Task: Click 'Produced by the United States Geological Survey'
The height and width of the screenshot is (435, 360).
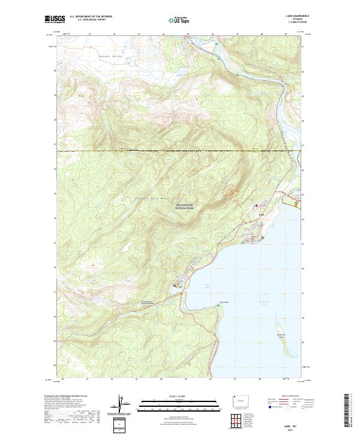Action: (x=71, y=397)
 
